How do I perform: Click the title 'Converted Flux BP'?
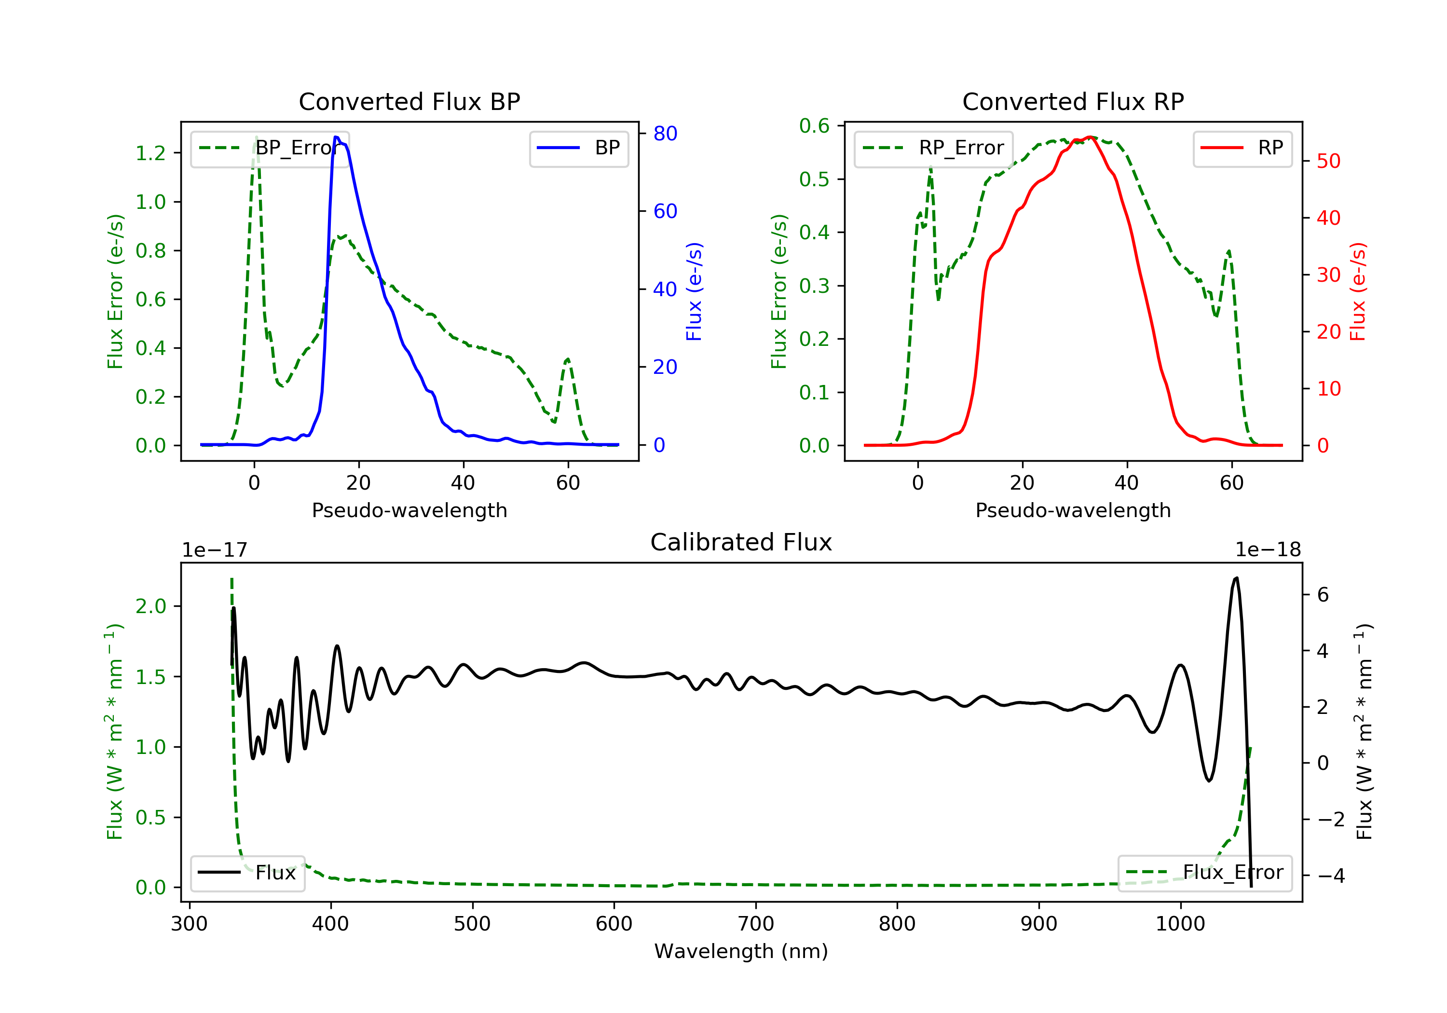point(409,101)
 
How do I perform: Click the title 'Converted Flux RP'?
point(1073,101)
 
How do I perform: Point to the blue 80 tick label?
point(665,134)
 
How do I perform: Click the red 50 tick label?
point(1328,162)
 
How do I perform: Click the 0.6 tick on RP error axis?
point(814,126)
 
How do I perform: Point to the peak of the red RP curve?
point(1090,137)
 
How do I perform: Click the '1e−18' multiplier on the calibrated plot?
point(1268,550)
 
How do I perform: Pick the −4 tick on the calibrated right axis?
point(1330,876)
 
